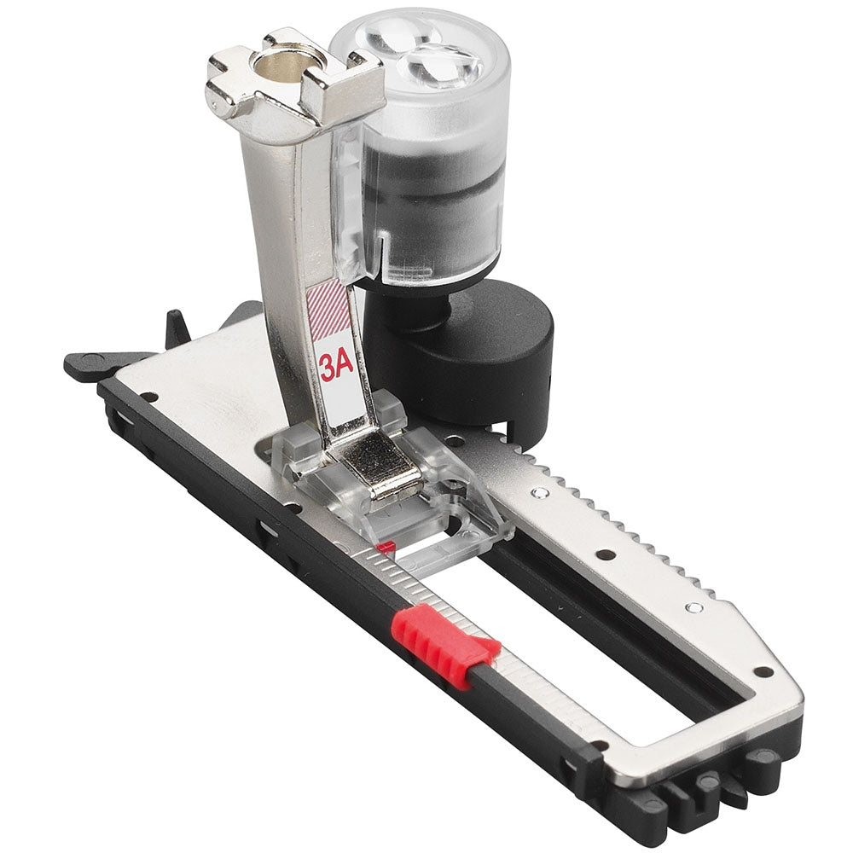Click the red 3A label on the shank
[x=337, y=368]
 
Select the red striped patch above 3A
[x=328, y=309]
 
